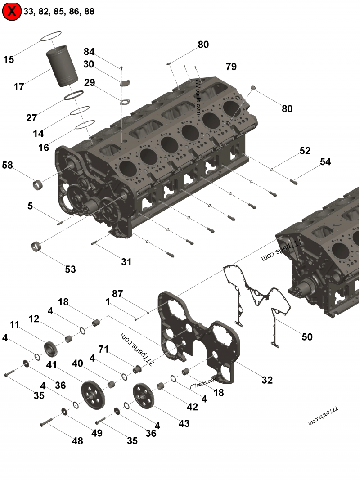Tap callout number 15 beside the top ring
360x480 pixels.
point(9,59)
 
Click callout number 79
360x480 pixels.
point(231,67)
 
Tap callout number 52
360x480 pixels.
point(305,151)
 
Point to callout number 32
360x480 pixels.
point(267,380)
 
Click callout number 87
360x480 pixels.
point(117,294)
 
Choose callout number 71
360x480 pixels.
point(104,349)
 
